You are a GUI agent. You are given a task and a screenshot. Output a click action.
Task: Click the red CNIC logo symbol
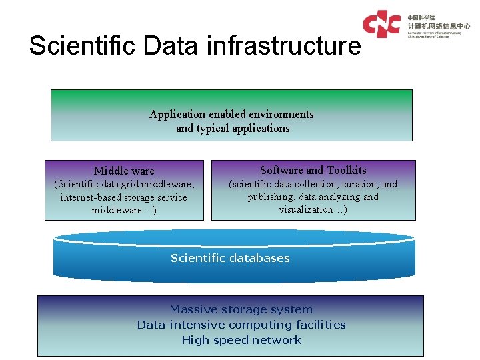click(381, 24)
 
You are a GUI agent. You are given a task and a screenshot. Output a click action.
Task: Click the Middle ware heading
click(124, 171)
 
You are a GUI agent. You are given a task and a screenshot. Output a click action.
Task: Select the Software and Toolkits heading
click(313, 170)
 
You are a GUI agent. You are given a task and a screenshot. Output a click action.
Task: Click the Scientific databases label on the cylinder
click(230, 258)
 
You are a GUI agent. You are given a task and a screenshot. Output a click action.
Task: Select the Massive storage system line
click(241, 309)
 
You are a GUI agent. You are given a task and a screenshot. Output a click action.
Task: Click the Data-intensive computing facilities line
click(241, 325)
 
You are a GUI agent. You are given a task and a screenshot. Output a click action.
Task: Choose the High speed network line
click(241, 340)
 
